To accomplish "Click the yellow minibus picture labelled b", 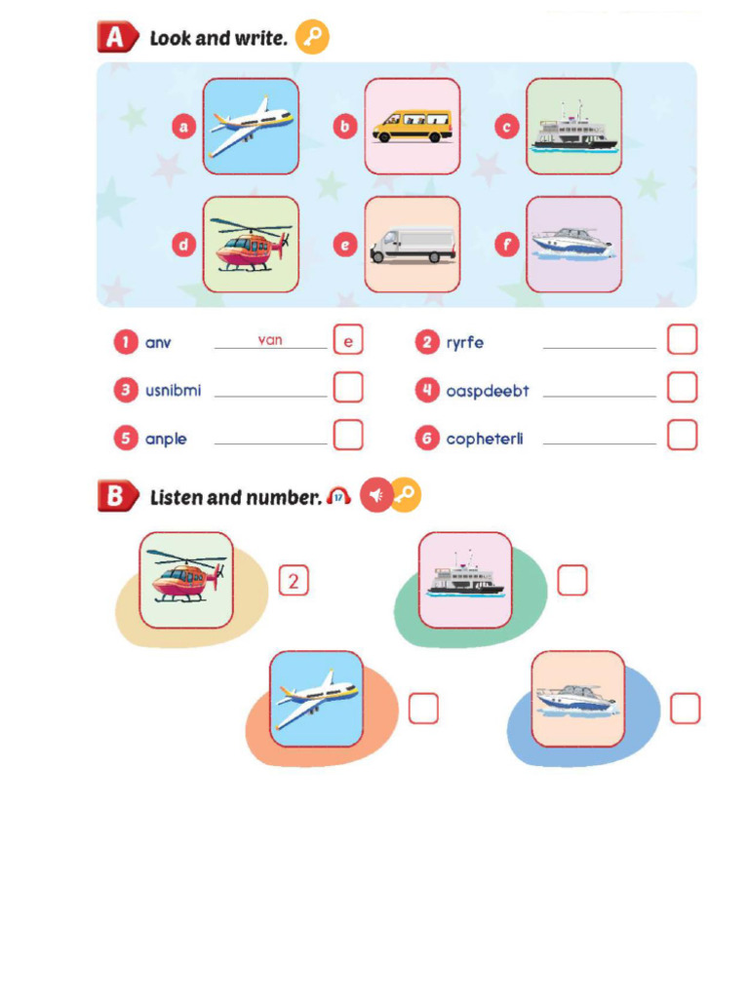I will coord(412,127).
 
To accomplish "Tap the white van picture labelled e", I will coord(412,245).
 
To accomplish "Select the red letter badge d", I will coord(183,245).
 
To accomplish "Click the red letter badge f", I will coord(506,245).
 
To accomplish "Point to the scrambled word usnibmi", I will coord(173,391).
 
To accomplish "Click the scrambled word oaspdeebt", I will coord(488,391).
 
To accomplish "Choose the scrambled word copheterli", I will coord(485,439).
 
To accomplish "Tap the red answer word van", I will coord(270,340).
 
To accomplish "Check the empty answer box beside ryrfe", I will coord(683,340).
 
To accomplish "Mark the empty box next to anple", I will coord(348,435).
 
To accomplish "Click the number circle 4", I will coord(426,391).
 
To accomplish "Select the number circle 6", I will coord(426,439).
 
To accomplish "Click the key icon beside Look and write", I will coord(312,38).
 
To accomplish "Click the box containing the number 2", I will coord(294,581).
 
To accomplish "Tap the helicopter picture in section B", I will coord(186,580).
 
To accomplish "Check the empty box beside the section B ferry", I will coord(572,581).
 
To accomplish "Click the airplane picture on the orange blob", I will coord(316,699).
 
